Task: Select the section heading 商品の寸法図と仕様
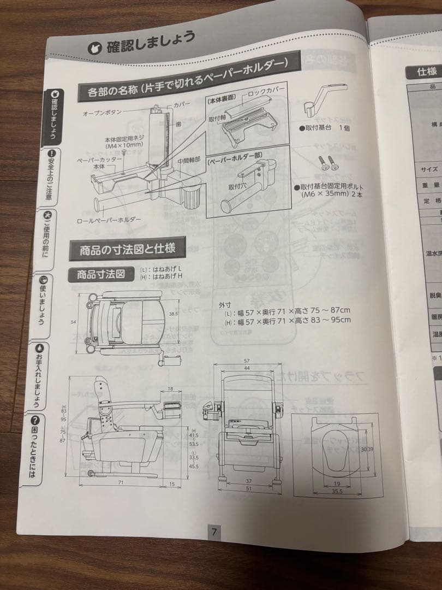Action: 127,250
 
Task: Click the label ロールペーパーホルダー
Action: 110,220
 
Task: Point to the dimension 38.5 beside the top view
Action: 173,314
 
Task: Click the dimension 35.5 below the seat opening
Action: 336,492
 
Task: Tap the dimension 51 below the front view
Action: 248,488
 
